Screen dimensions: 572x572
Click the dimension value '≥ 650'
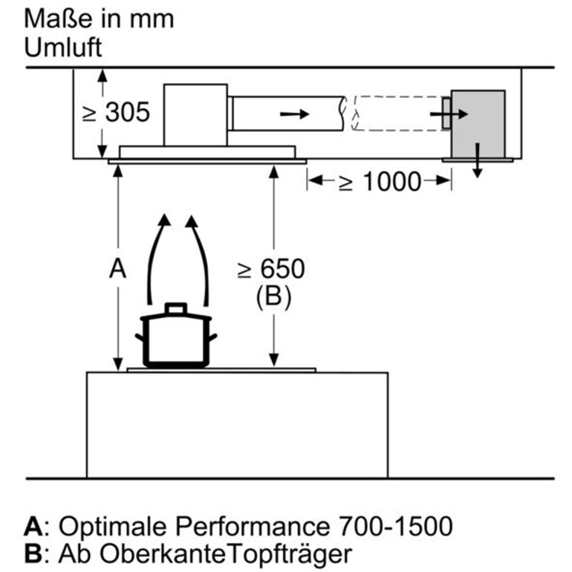pos(271,270)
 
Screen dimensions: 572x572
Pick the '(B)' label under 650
pos(273,297)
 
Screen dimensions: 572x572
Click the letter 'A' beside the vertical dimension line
pos(117,269)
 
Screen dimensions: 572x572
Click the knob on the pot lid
pos(176,307)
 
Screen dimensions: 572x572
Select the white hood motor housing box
pos(195,113)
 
